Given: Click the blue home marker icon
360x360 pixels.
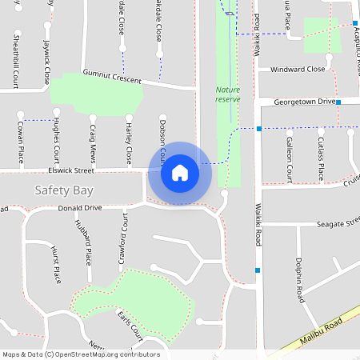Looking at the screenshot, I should [180, 173].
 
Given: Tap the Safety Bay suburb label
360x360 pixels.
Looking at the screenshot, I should [64, 190].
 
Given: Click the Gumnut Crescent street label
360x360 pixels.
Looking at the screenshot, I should [111, 77].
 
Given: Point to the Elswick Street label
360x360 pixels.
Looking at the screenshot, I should [71, 170].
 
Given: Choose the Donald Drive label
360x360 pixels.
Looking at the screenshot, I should [80, 208].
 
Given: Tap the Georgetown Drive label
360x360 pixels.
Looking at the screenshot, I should [304, 102].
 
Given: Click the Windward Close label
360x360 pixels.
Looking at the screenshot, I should [298, 70].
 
